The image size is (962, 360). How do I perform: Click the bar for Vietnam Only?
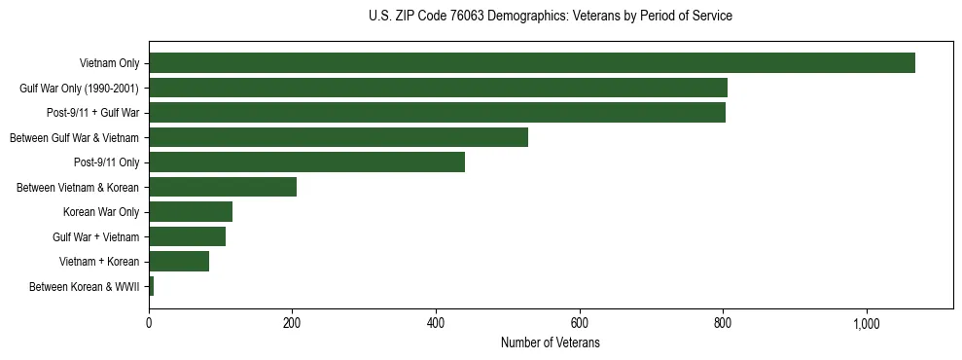tap(531, 63)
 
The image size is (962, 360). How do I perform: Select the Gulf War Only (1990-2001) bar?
tap(438, 88)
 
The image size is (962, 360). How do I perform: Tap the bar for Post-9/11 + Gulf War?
tap(437, 113)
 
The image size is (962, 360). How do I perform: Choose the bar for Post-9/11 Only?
tap(306, 162)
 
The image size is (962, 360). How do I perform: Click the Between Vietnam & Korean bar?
tap(223, 187)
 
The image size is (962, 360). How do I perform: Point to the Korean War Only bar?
tap(191, 211)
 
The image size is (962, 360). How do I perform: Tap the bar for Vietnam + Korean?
tap(179, 261)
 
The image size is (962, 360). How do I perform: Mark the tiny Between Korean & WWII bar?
tap(152, 286)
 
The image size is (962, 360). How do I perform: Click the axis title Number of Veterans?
tap(550, 343)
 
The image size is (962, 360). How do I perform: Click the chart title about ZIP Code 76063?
tap(551, 17)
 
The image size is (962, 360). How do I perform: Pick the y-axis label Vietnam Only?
tap(109, 64)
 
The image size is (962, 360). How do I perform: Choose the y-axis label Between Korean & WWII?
tap(85, 287)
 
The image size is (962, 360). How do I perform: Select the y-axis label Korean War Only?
tap(101, 212)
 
